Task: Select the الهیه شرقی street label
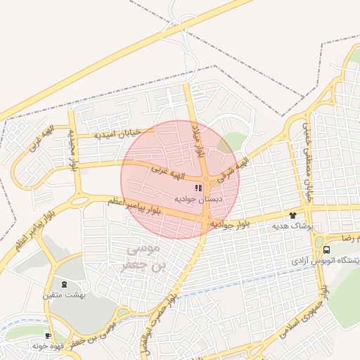[231, 169]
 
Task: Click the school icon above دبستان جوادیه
[198, 188]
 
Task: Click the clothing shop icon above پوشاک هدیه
[292, 215]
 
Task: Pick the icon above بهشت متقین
[65, 284]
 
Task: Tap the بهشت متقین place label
[66, 295]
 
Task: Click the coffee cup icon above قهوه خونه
[49, 336]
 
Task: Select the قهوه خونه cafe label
[49, 347]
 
